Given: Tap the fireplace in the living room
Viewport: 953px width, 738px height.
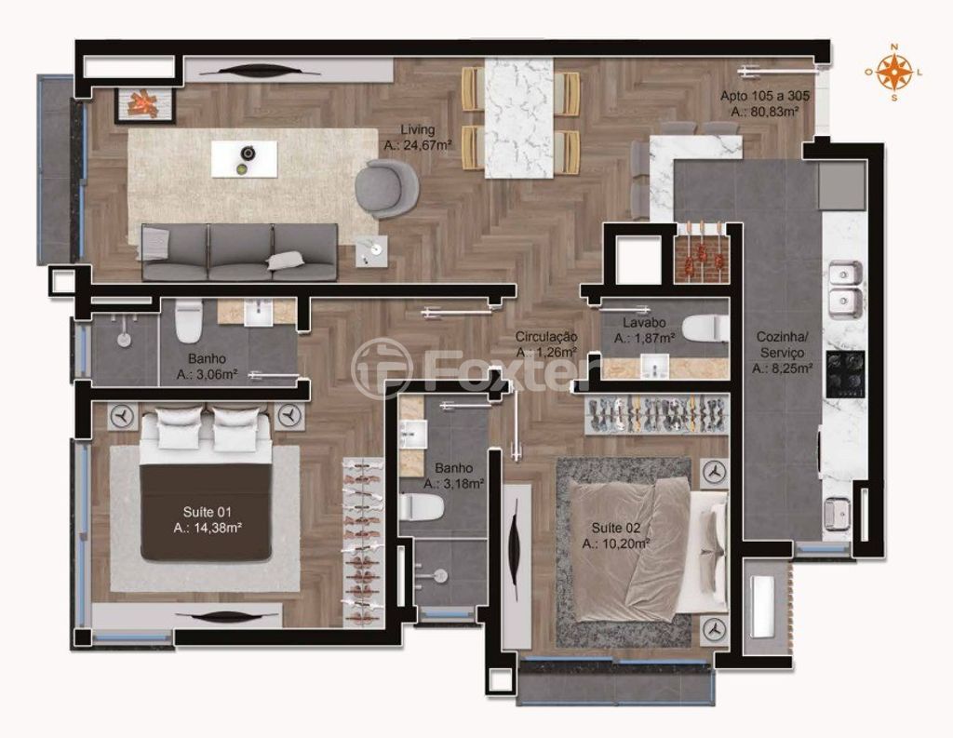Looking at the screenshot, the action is tap(145, 105).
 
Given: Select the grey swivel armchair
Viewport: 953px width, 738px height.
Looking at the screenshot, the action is tap(387, 187).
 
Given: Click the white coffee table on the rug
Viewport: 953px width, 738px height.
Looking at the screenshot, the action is tap(245, 159).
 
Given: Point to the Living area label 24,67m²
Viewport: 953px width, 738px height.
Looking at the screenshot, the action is tap(418, 145).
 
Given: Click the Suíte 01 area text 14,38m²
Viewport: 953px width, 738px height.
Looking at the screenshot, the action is tap(208, 528).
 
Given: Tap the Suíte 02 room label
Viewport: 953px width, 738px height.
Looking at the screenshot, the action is tap(616, 528).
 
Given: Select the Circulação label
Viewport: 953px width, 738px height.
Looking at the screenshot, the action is tap(546, 336).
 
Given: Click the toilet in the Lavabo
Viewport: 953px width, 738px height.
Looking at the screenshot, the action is tap(705, 329).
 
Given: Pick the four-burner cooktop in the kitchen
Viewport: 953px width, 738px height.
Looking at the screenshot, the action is tap(845, 373).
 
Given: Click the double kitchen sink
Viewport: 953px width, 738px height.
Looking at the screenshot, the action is tap(846, 290).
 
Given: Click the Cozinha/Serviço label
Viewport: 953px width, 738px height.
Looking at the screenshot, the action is tap(781, 344).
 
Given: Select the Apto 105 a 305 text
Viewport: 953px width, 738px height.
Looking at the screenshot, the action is tap(765, 96).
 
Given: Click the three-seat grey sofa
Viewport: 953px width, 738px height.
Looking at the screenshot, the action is tap(239, 252).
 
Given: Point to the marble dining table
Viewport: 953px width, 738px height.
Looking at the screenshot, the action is tap(519, 118).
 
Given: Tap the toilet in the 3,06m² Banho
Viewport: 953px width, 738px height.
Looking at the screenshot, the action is tap(188, 320).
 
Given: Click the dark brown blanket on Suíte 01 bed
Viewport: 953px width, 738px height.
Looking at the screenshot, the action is tap(206, 513).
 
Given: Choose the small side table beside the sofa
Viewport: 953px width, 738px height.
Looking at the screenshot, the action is tap(371, 250).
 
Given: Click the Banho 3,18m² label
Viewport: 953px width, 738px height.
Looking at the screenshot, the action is tap(453, 476).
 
